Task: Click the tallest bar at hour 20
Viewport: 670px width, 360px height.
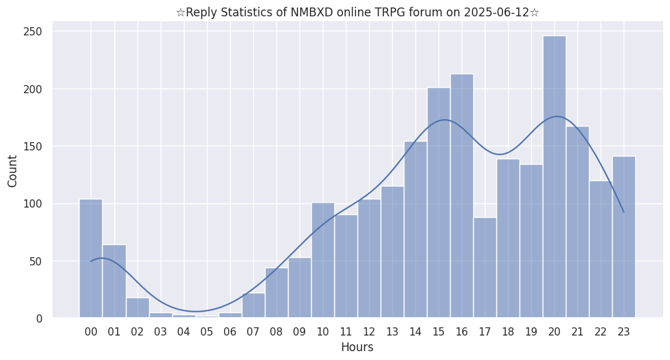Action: [554, 177]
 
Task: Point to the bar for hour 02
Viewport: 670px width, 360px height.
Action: [137, 308]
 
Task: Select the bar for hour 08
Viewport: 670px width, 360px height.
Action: [276, 293]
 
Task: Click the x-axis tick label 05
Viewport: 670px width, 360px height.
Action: [206, 332]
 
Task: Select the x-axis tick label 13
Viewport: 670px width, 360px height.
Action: [392, 332]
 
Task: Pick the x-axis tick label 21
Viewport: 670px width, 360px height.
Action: [577, 332]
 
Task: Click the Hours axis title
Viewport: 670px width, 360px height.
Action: [357, 347]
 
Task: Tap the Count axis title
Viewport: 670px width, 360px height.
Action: [13, 170]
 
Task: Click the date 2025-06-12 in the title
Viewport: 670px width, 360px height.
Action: [494, 12]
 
